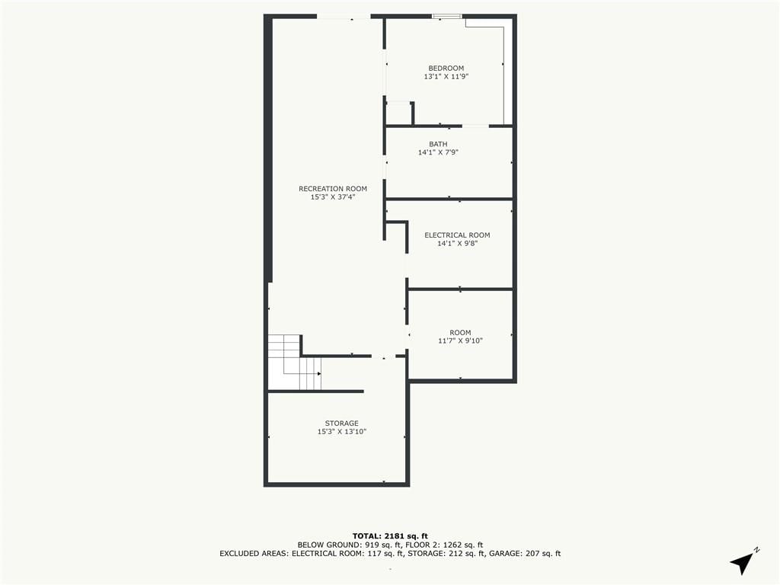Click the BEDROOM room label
pos(446,68)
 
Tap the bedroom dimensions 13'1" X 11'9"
pos(446,77)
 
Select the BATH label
pos(438,144)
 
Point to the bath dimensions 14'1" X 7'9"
pos(438,152)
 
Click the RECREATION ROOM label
pos(333,189)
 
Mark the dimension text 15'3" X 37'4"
pos(333,197)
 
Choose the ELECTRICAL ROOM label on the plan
pos(457,235)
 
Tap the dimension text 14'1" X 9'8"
pos(457,243)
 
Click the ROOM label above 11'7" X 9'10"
pos(460,332)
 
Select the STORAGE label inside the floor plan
pos(342,424)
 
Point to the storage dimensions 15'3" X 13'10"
pos(342,432)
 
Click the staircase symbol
pos(295,362)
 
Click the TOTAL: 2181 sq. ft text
pos(390,535)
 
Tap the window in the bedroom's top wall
pos(446,17)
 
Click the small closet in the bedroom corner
pos(399,113)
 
